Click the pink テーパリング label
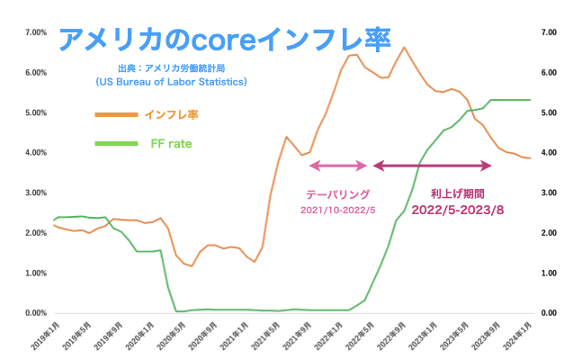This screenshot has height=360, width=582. (338, 194)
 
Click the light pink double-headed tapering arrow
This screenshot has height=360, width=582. (338, 166)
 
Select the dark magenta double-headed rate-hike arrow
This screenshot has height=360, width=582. (433, 166)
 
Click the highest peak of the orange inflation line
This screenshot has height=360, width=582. (404, 47)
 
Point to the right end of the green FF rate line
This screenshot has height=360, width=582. (530, 100)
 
